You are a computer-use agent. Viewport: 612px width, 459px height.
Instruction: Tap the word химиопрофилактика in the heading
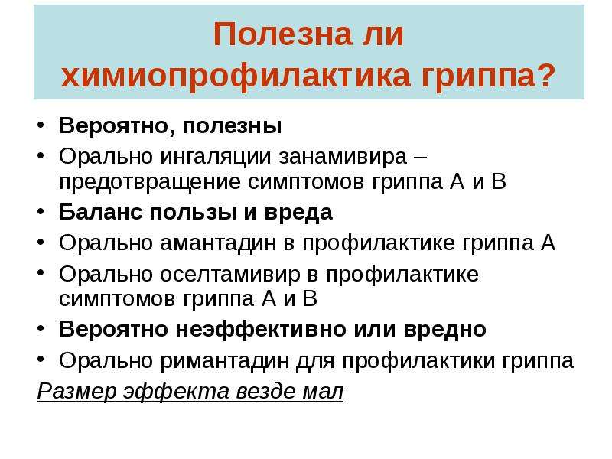click(236, 76)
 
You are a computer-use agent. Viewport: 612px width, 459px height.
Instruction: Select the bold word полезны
click(232, 127)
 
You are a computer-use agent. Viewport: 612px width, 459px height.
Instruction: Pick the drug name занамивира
click(343, 157)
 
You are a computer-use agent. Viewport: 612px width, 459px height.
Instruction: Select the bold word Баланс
click(100, 213)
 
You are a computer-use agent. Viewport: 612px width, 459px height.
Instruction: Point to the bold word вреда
click(298, 213)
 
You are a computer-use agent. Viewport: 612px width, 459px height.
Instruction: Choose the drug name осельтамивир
click(230, 274)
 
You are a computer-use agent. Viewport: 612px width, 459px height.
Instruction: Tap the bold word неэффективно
click(261, 329)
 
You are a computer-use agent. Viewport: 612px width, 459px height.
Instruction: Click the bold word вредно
click(444, 329)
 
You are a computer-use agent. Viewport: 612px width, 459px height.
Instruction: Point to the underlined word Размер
click(77, 391)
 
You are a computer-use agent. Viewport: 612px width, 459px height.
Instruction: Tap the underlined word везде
click(265, 391)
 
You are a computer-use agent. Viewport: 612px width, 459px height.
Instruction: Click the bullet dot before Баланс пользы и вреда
click(41, 212)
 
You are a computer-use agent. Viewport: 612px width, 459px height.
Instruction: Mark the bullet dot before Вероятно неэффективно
click(41, 329)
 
